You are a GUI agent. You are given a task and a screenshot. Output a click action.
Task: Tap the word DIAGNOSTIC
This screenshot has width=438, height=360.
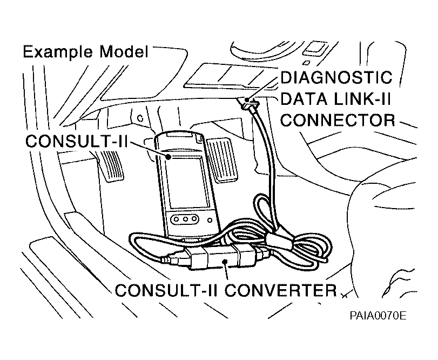coord(336,78)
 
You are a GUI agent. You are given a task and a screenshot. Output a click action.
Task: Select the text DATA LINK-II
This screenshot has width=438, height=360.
coord(336,99)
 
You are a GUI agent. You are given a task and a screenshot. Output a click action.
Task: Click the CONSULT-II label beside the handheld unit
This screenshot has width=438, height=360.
coord(76,141)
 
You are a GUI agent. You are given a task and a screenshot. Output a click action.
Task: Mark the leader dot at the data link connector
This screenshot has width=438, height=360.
coord(247,99)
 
